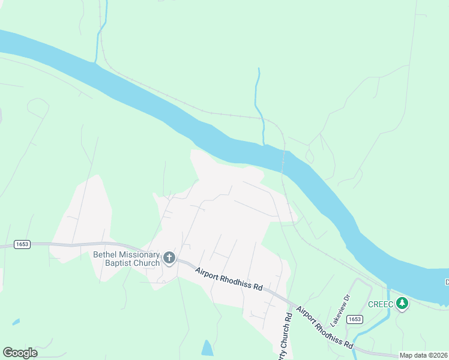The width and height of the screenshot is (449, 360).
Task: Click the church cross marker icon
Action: [169, 259]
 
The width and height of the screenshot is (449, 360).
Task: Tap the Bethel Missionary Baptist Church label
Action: [127, 259]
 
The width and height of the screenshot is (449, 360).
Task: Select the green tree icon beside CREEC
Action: [402, 304]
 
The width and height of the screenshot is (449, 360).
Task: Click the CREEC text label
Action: [380, 304]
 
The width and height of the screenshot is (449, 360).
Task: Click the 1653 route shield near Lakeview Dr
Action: [355, 319]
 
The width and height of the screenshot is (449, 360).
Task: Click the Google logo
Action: [20, 353]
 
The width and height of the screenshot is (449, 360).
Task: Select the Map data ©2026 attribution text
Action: [424, 355]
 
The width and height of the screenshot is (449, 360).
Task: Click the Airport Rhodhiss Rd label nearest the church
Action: [229, 279]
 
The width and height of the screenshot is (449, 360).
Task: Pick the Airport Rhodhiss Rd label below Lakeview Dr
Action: [324, 328]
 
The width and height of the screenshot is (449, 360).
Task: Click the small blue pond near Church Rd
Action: [207, 348]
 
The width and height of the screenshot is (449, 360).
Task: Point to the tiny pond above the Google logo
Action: [15, 322]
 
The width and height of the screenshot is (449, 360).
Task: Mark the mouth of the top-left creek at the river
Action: [95, 61]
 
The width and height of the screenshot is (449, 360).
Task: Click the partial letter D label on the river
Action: [447, 282]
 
